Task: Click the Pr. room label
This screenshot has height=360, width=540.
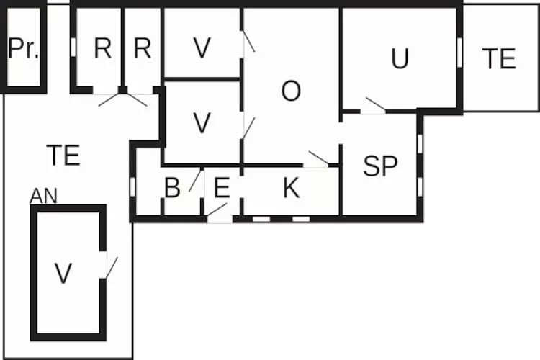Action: coord(23,48)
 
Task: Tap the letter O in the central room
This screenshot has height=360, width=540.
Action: coord(291,91)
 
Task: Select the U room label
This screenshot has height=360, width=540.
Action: coord(400,58)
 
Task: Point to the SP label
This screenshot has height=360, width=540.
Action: coord(380,166)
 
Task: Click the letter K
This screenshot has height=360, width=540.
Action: coord(292,188)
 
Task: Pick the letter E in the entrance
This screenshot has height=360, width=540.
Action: coord(222,188)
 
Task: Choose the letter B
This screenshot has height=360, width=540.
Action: coord(172,188)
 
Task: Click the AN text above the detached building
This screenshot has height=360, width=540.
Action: coord(43,197)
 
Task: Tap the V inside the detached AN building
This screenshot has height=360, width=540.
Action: coord(63,273)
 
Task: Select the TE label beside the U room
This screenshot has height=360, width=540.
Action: coord(499,58)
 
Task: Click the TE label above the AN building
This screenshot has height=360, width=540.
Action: coord(63,156)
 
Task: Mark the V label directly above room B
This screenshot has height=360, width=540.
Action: coord(202,122)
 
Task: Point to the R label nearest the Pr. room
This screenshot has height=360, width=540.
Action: coord(103,48)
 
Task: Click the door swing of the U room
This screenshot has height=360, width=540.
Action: coord(375,104)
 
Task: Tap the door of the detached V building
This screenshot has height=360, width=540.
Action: coord(112,268)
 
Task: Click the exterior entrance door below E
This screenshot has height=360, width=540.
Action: coord(217,210)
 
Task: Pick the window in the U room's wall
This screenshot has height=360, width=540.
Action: coord(459,53)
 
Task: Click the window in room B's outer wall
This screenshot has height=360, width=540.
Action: coord(132,186)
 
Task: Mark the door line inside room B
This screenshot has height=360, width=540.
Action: coord(195,181)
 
